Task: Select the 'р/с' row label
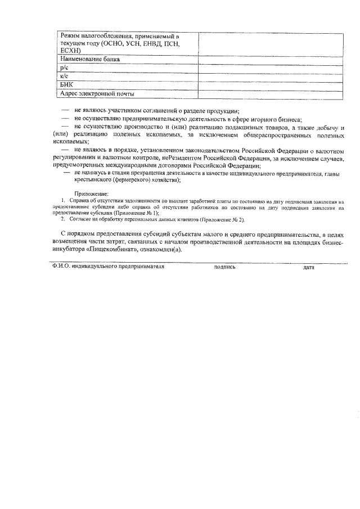64,67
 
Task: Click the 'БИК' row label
66,85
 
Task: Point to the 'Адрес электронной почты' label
97,93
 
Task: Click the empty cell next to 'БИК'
270,85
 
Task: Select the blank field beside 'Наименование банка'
270,59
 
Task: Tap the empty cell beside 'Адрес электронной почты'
270,93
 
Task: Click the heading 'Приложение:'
89,193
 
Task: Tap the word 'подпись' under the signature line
225,267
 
